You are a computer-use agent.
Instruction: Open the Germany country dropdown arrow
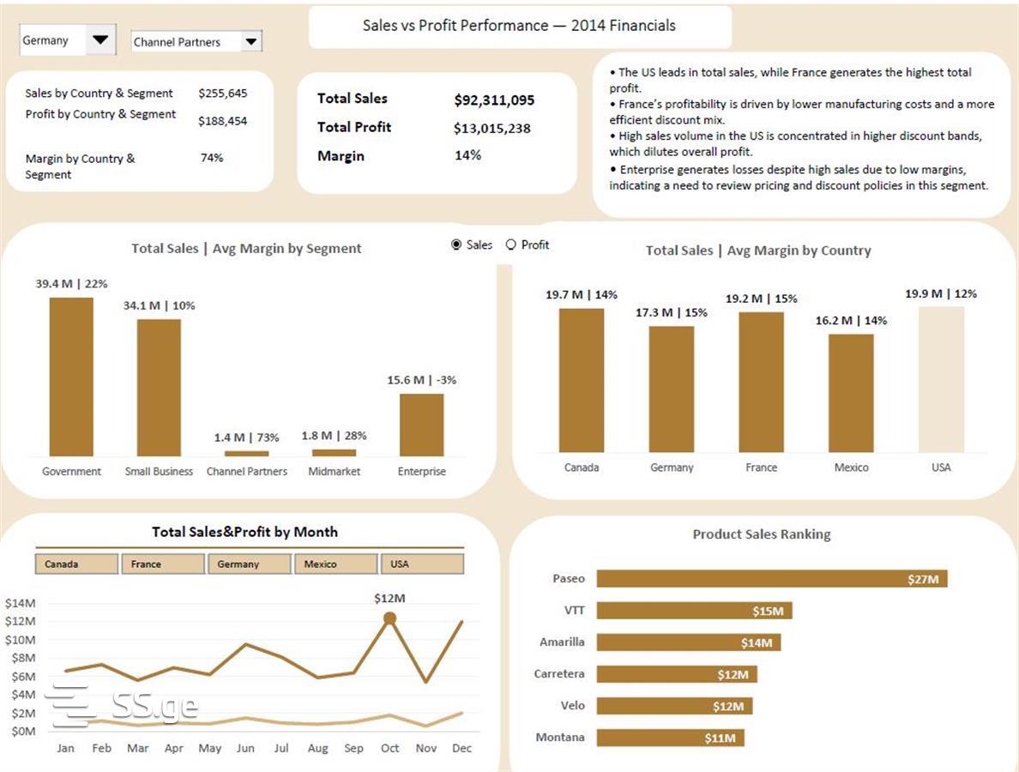[x=101, y=39]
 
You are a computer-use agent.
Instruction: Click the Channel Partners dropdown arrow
[x=250, y=41]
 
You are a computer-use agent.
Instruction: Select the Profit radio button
[x=511, y=244]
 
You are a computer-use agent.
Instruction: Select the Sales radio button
[x=456, y=244]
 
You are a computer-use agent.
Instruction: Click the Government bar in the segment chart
[x=71, y=377]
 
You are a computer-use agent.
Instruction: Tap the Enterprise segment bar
[x=421, y=425]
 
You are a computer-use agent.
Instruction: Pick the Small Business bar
[x=159, y=388]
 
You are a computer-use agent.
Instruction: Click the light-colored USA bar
[x=941, y=379]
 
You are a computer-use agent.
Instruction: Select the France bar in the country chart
[x=761, y=382]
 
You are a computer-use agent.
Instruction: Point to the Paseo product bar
[x=771, y=579]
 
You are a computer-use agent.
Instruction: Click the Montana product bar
[x=670, y=738]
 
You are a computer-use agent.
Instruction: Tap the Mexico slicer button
[x=335, y=564]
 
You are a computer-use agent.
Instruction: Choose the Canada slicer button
[x=76, y=564]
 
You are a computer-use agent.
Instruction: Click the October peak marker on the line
[x=389, y=618]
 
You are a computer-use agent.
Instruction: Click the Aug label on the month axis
[x=317, y=748]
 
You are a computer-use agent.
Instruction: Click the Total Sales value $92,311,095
[x=494, y=100]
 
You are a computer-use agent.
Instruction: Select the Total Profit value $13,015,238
[x=492, y=129]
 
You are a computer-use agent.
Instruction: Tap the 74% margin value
[x=212, y=158]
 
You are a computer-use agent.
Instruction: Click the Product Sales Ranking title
[x=761, y=534]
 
